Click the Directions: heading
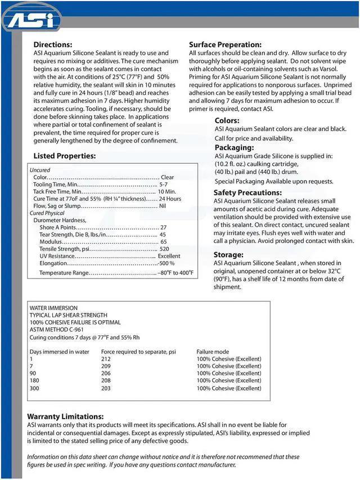click(x=53, y=44)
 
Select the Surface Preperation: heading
click(x=225, y=44)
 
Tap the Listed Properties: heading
click(x=65, y=155)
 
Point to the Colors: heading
click(x=227, y=120)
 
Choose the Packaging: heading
click(x=234, y=147)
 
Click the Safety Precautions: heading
click(x=247, y=192)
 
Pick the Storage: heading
click(x=228, y=254)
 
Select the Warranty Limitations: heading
click(x=65, y=416)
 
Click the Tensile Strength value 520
click(x=164, y=249)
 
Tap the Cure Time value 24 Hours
click(x=170, y=199)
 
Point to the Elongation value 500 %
click(x=166, y=263)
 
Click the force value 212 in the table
click(x=106, y=358)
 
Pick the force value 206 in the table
click(x=106, y=373)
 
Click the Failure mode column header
click(x=213, y=351)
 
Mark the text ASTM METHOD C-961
click(x=57, y=330)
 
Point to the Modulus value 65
click(x=164, y=241)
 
